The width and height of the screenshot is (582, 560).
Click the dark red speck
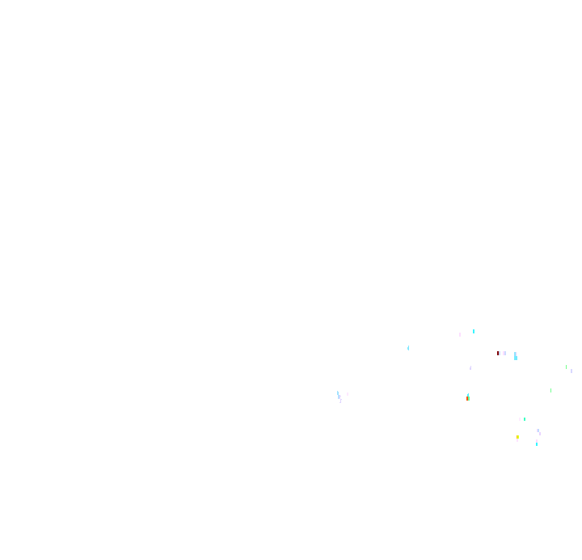[497, 353]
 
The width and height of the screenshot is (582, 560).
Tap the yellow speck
[518, 437]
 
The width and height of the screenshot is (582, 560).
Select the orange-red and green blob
[468, 398]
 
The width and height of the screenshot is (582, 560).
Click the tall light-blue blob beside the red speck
[515, 355]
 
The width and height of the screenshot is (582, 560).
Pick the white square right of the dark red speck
[504, 353]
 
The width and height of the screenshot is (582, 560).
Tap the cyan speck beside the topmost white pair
[474, 331]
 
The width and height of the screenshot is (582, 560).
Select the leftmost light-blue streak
[338, 395]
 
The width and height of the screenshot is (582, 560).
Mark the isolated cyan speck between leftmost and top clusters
[408, 348]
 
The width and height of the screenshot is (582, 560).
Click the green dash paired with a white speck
[566, 367]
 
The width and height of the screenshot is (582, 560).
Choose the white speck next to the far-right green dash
[571, 371]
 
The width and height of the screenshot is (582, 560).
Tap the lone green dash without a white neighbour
[551, 390]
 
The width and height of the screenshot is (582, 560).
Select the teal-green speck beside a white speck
[525, 419]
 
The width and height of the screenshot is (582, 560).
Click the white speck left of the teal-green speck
[520, 419]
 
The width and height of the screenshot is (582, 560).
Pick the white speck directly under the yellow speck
[517, 441]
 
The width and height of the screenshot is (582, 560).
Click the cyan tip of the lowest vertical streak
[536, 443]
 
